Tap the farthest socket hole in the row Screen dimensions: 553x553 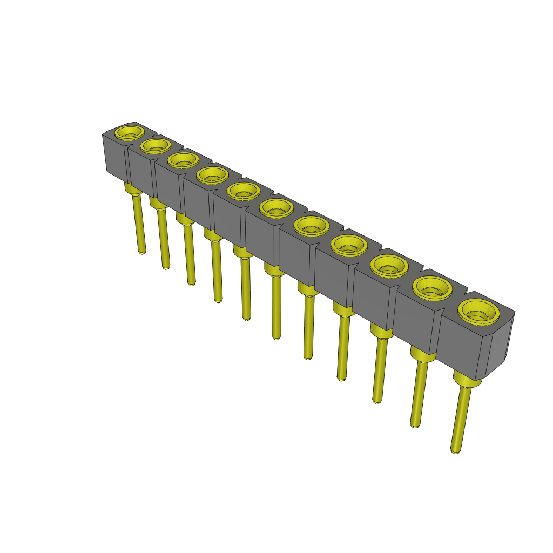[x=130, y=132]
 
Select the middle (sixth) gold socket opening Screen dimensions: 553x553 [x=276, y=207]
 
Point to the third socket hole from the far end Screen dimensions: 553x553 [x=183, y=159]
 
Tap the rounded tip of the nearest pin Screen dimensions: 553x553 [x=456, y=450]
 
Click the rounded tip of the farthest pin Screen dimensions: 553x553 [x=142, y=251]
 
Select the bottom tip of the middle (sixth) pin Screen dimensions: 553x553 [x=276, y=336]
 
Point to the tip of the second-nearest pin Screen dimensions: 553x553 [x=415, y=424]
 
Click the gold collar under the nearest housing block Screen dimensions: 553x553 [x=467, y=380]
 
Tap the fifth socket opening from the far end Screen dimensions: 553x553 [x=242, y=190]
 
